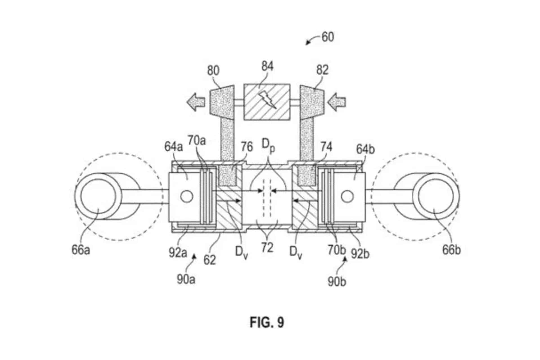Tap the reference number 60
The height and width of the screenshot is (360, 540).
point(328,37)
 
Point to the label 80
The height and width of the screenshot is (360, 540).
point(213,70)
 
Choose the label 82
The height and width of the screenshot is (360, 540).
point(322,70)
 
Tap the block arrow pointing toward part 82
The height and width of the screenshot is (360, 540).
point(337,102)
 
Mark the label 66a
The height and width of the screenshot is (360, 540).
point(81,250)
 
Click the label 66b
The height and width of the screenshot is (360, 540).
point(451,250)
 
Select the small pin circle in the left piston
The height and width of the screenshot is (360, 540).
point(187,196)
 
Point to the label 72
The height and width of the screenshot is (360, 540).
point(267,248)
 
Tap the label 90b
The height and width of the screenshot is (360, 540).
point(337,281)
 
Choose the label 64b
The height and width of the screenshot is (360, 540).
point(365,149)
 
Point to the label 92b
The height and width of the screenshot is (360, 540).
point(360,254)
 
